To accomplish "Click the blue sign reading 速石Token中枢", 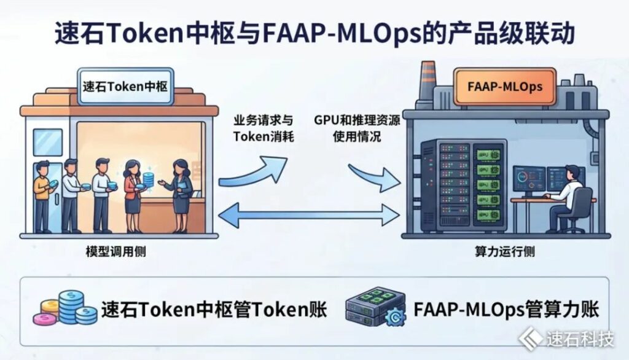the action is point(125,86).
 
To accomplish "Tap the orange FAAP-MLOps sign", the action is point(505,86).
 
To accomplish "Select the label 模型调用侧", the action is point(116,252).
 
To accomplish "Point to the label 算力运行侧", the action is point(505,252).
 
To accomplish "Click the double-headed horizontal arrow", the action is point(309,215).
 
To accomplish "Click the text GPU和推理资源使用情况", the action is point(357,128).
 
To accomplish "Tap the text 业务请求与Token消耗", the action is point(264,128).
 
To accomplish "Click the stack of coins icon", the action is point(65,308).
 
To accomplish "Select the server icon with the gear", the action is point(376,307).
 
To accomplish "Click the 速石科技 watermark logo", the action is point(566,339).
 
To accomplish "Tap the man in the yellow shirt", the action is point(42,197).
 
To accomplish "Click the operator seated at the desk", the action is point(566,198).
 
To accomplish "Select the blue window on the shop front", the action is point(48,143).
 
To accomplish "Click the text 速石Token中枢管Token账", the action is point(214,310).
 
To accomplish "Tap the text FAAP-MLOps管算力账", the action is point(506,310).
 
